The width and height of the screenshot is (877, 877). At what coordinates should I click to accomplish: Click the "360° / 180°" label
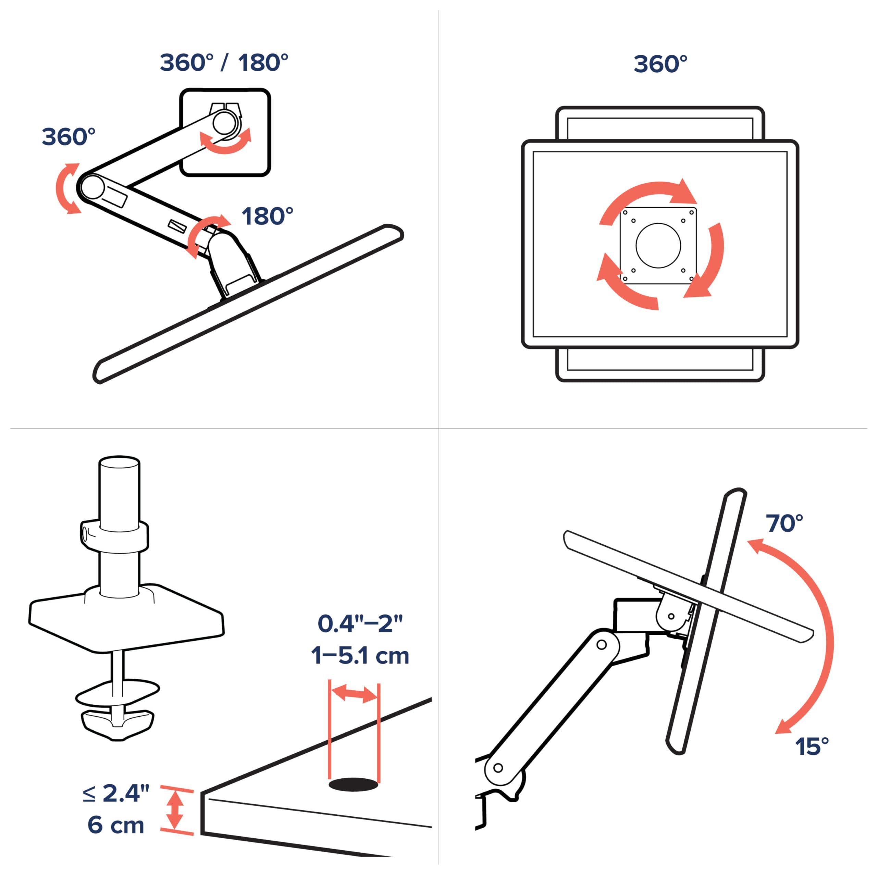224,63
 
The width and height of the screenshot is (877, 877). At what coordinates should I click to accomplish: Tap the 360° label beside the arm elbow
69,137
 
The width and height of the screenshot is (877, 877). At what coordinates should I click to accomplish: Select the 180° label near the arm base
267,216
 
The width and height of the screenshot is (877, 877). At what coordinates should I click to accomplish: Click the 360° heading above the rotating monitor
660,64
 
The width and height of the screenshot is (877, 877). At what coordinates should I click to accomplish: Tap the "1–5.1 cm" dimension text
360,656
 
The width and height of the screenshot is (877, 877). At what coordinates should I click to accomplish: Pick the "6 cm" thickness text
116,825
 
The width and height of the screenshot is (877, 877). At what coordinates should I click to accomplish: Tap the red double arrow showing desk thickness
175,810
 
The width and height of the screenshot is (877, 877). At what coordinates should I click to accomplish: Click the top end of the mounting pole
119,465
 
